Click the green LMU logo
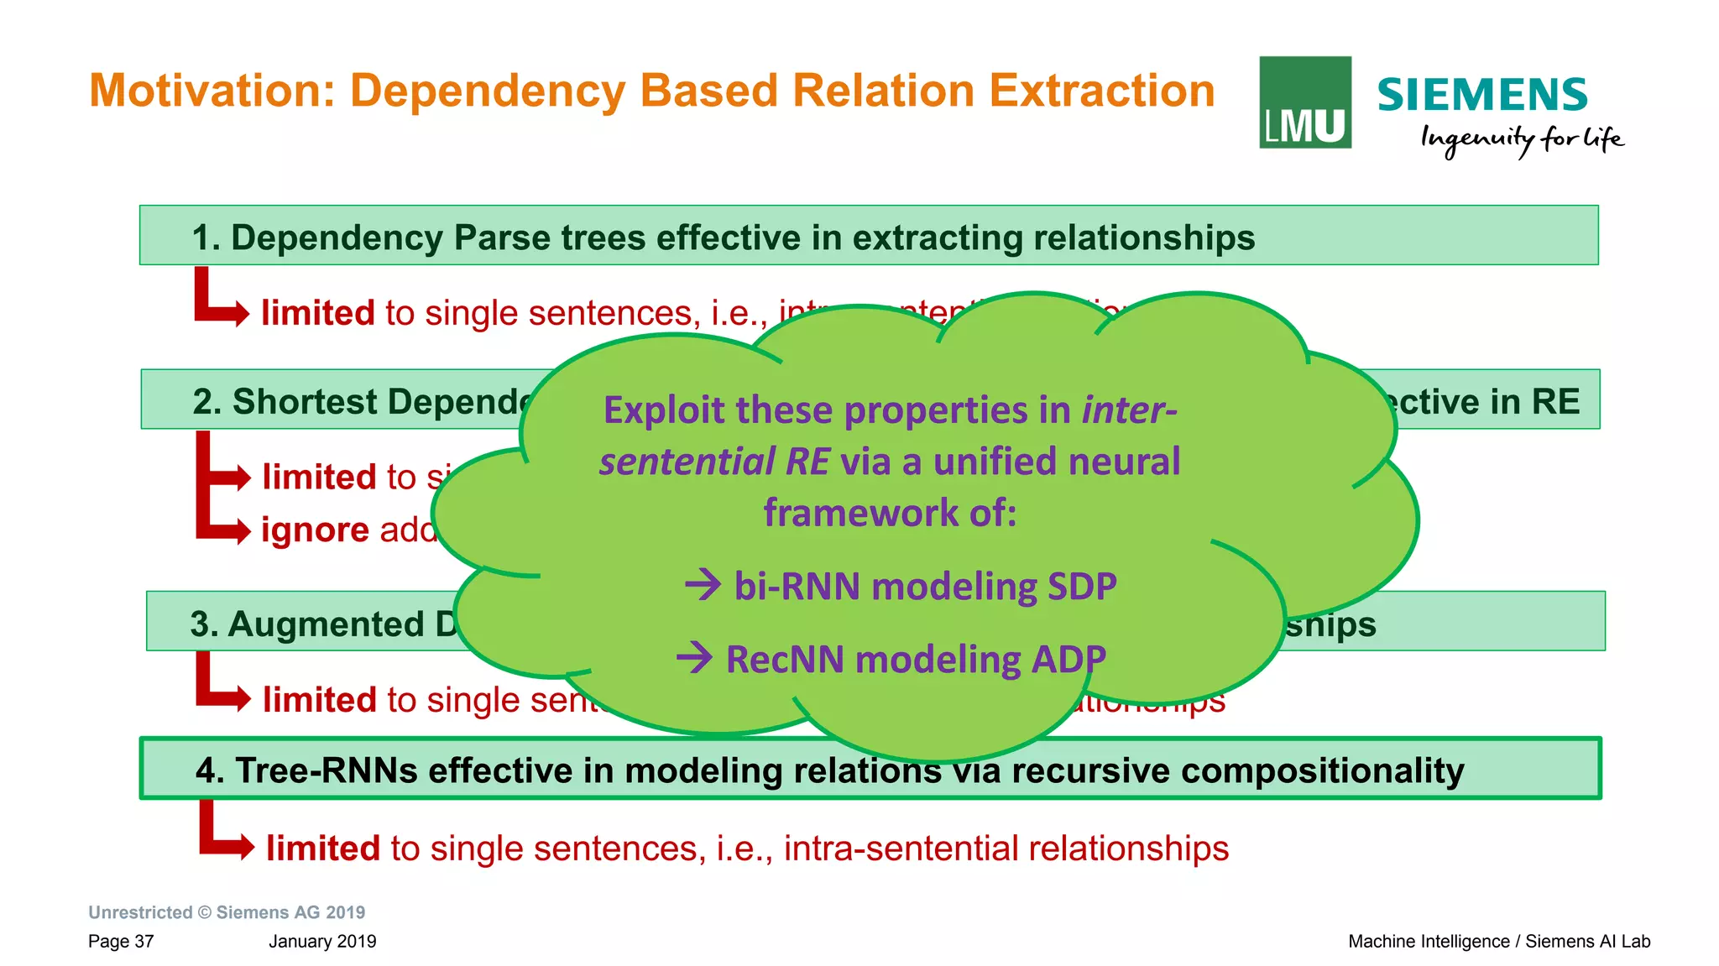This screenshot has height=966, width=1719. pyautogui.click(x=1304, y=102)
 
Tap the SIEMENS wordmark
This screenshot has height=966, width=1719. pyautogui.click(x=1482, y=95)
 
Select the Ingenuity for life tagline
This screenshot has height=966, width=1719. pyautogui.click(x=1521, y=139)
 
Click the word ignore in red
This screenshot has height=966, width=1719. pyautogui.click(x=315, y=530)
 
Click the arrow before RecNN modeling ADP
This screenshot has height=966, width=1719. pyautogui.click(x=695, y=657)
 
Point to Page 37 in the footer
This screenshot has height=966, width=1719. pyautogui.click(x=121, y=941)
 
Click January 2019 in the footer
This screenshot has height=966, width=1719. pyautogui.click(x=322, y=941)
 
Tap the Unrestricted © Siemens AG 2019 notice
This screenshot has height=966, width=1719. pyautogui.click(x=227, y=912)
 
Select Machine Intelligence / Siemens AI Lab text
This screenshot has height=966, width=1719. pyautogui.click(x=1498, y=941)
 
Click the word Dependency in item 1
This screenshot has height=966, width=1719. pyautogui.click(x=337, y=238)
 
